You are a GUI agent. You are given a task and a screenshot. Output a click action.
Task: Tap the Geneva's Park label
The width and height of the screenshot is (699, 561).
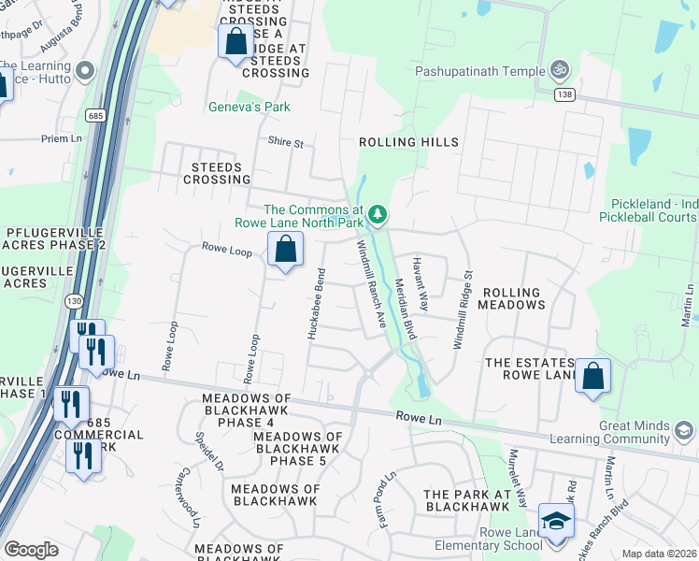click(x=249, y=108)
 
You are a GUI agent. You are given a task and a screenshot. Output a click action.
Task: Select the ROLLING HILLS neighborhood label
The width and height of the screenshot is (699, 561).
click(x=409, y=142)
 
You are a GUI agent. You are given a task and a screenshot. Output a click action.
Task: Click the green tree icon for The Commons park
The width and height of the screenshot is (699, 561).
click(x=378, y=215)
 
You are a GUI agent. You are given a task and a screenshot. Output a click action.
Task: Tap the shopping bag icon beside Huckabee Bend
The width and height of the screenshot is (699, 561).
click(x=286, y=250)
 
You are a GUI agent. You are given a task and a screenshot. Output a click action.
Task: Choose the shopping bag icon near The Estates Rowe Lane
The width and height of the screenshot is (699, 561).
click(x=592, y=377)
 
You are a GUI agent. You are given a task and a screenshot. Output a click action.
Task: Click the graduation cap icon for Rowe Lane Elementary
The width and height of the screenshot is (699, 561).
click(x=556, y=521)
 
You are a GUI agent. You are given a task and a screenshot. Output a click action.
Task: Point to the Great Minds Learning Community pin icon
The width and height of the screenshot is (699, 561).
click(x=683, y=431)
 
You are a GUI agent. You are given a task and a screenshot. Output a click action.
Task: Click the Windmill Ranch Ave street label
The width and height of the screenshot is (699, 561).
click(x=370, y=283)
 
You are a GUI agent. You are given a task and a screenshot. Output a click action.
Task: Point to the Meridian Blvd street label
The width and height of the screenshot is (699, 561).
click(x=405, y=309)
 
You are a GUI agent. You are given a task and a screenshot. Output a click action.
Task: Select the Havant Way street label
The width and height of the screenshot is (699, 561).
click(x=421, y=284)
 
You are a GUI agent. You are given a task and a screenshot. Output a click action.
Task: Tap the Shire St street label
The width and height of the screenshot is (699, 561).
click(x=286, y=143)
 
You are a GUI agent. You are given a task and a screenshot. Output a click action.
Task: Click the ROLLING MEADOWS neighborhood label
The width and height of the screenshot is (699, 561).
click(x=511, y=298)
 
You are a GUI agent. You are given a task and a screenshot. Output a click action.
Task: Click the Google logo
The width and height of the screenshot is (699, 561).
click(x=30, y=550)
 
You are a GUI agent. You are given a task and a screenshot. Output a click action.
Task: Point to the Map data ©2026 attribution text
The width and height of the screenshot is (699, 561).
click(x=658, y=554)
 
